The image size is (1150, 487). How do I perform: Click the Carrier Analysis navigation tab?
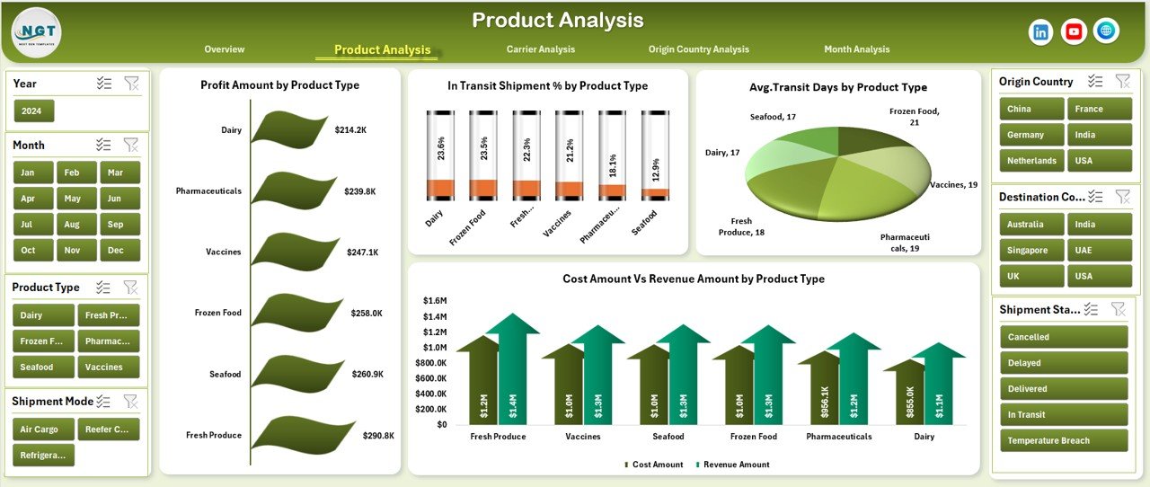[540, 49]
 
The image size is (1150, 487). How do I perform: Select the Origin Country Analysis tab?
[698, 49]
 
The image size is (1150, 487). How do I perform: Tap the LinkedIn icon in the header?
[1040, 32]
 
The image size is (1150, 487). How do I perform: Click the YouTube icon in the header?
[1073, 32]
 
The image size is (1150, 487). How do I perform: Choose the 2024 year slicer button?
[34, 111]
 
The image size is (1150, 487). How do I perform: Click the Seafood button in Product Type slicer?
[37, 367]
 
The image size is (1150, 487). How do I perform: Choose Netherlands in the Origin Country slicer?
[1031, 161]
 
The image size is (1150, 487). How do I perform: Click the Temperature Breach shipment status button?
[1064, 441]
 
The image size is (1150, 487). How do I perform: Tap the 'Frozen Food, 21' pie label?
[914, 116]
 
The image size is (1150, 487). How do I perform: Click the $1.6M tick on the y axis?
[435, 301]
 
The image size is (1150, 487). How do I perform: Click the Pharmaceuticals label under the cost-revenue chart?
[838, 437]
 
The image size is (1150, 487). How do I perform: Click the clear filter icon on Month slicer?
[131, 145]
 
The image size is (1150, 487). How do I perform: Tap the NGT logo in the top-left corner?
[36, 32]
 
